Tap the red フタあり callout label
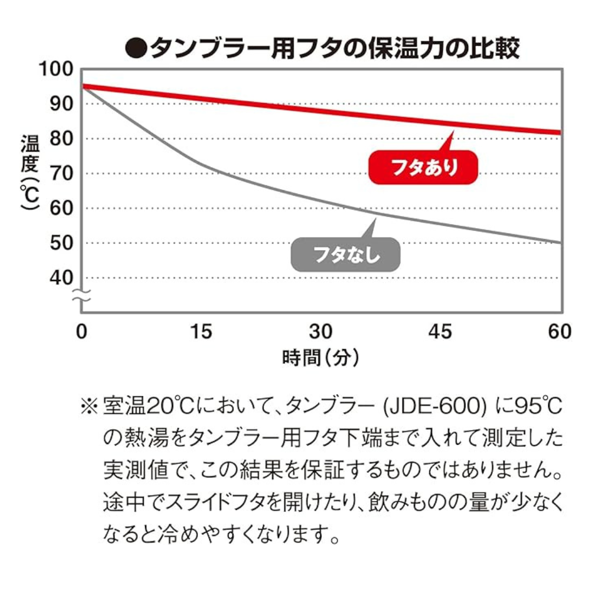[423, 167]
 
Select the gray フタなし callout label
[346, 254]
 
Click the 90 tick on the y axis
[60, 104]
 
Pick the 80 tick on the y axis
[60, 139]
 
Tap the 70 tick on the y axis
[60, 174]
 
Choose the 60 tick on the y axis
[60, 209]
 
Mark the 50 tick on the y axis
[60, 243]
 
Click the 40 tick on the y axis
[60, 278]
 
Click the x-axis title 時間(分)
[321, 358]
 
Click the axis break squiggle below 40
[81, 297]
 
